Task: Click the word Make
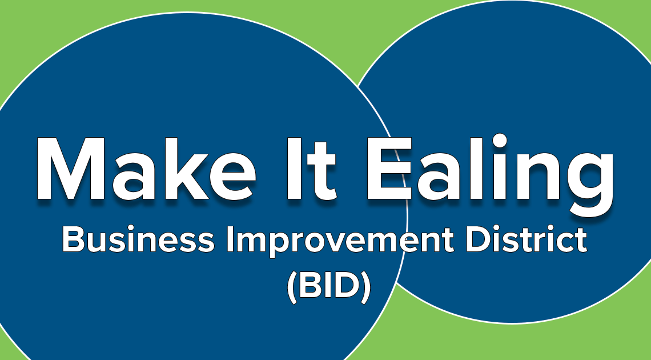(145, 169)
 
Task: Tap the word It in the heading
(311, 169)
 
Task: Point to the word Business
(138, 239)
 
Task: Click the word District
(527, 239)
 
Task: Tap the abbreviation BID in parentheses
(328, 286)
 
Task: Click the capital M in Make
(70, 169)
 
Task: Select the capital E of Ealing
(389, 169)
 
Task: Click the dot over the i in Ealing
(500, 141)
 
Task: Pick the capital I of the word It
(294, 169)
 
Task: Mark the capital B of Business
(73, 239)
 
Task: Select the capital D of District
(477, 239)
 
